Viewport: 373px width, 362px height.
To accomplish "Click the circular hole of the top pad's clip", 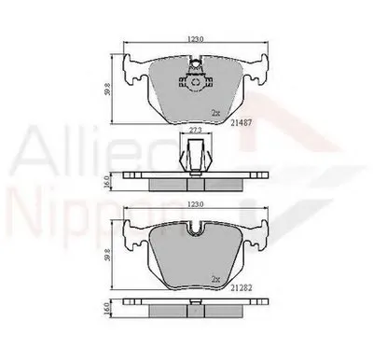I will click(196, 81).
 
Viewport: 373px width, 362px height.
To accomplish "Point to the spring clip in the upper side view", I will click(195, 152).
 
